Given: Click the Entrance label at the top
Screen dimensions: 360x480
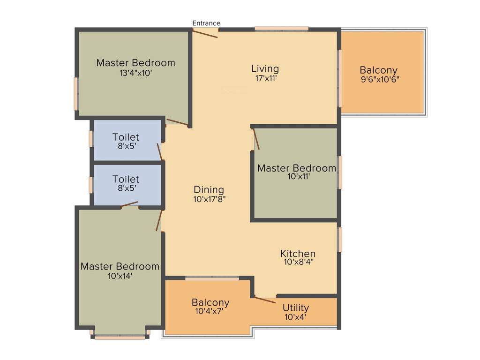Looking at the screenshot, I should tap(206, 23).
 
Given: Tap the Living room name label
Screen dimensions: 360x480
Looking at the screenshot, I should tap(265, 69).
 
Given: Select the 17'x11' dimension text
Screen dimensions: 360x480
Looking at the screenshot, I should tap(266, 79).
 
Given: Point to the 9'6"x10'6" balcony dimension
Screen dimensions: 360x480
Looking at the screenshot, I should tap(380, 79).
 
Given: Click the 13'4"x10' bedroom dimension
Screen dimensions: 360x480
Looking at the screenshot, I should tap(136, 73).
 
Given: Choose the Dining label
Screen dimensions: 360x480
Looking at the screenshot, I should tap(209, 189).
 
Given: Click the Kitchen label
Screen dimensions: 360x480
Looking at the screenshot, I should tap(298, 254).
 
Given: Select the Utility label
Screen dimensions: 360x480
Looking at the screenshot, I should tap(296, 307).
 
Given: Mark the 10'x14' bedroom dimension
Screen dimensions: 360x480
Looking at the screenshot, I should tap(120, 276).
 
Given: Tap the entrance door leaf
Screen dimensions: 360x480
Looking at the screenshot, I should tap(205, 34).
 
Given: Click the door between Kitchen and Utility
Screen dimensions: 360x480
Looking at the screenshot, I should tap(265, 300).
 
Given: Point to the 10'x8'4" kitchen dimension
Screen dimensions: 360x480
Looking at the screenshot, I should tap(299, 262).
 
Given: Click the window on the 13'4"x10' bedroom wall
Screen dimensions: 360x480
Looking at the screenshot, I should tap(75, 94).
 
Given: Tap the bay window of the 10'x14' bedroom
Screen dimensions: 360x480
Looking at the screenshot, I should tap(120, 337).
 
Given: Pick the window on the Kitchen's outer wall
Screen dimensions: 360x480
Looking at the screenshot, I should tap(340, 239).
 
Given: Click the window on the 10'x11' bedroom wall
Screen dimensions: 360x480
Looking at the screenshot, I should tap(340, 172).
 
